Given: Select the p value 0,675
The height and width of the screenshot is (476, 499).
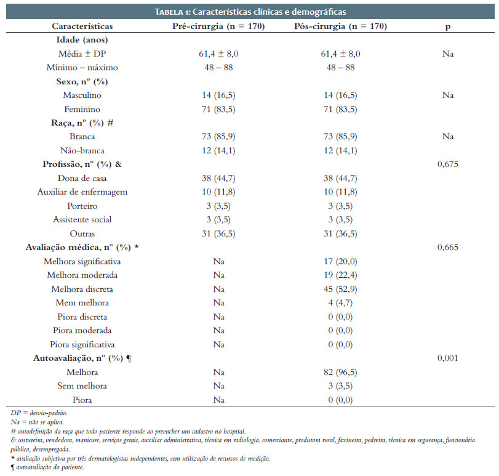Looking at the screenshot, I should tap(447, 164).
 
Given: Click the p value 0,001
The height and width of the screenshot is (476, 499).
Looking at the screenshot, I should tap(447, 358).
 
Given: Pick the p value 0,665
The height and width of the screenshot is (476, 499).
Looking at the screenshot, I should tap(447, 247).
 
